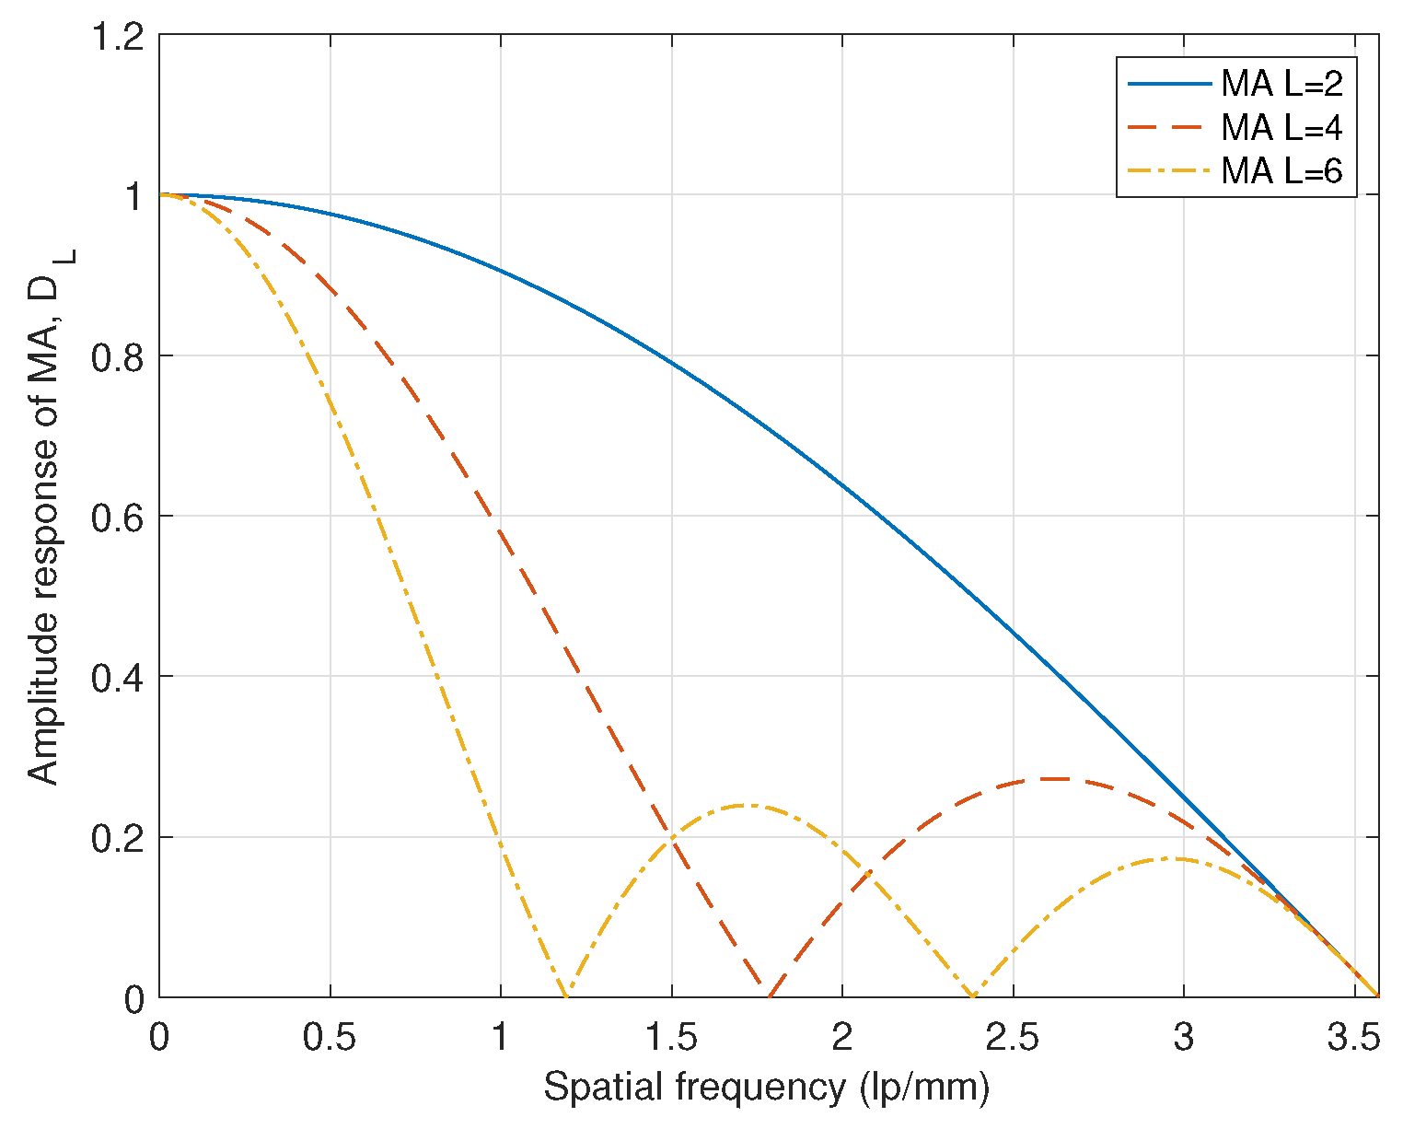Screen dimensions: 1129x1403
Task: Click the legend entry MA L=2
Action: coord(1281,85)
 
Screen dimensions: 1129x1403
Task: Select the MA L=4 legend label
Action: coord(1281,128)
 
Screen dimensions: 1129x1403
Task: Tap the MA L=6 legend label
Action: coord(1281,171)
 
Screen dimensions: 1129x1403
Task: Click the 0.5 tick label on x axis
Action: coord(330,1037)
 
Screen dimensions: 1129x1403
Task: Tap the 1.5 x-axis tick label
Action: coord(671,1037)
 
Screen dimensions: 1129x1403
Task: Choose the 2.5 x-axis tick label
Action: coord(1013,1037)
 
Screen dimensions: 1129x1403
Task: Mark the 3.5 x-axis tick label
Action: coord(1354,1037)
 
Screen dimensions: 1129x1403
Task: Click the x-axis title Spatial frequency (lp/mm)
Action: coord(766,1088)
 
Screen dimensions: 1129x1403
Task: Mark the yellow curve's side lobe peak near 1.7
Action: coord(748,806)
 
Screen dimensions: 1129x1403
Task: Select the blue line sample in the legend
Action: coord(1168,84)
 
